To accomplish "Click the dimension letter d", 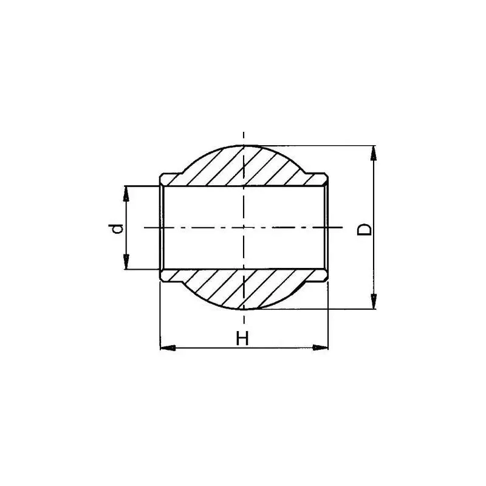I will [x=119, y=228].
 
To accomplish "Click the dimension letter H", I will [x=242, y=339].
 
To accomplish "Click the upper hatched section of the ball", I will [x=243, y=167].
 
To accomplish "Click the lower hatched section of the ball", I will [x=243, y=289].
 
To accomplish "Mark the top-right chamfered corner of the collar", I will [x=325, y=177].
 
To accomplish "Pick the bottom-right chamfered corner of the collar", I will [x=325, y=278].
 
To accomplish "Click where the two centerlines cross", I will [x=243, y=228].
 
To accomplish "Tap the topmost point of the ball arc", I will [x=243, y=145].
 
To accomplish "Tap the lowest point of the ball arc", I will [x=243, y=309].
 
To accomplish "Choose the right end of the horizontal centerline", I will [x=344, y=228].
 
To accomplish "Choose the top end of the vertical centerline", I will [x=243, y=132].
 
